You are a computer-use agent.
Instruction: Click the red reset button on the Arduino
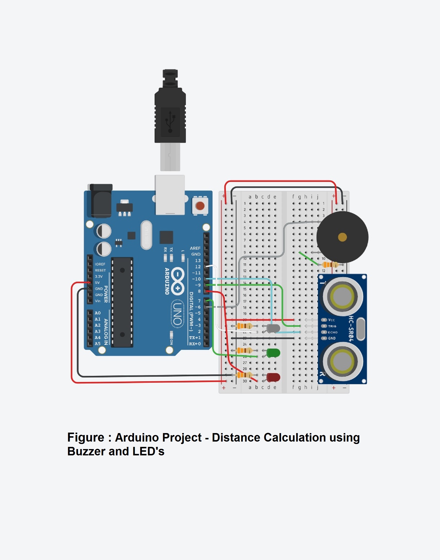pos(200,206)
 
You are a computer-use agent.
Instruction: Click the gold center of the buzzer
pos(342,237)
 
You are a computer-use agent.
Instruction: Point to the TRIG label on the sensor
pos(332,326)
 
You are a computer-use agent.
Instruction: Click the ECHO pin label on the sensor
pos(333,332)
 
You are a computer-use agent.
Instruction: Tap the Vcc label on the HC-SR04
pos(331,320)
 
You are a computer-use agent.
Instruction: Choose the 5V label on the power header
pos(97,282)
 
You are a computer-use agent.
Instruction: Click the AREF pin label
pos(195,248)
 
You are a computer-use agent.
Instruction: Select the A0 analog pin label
pos(98,313)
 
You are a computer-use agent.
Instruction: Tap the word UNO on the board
pos(178,314)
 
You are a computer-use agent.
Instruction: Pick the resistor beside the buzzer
pos(330,265)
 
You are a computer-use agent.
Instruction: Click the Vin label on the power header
pos(98,301)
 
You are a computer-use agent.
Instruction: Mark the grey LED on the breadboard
pos(273,328)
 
